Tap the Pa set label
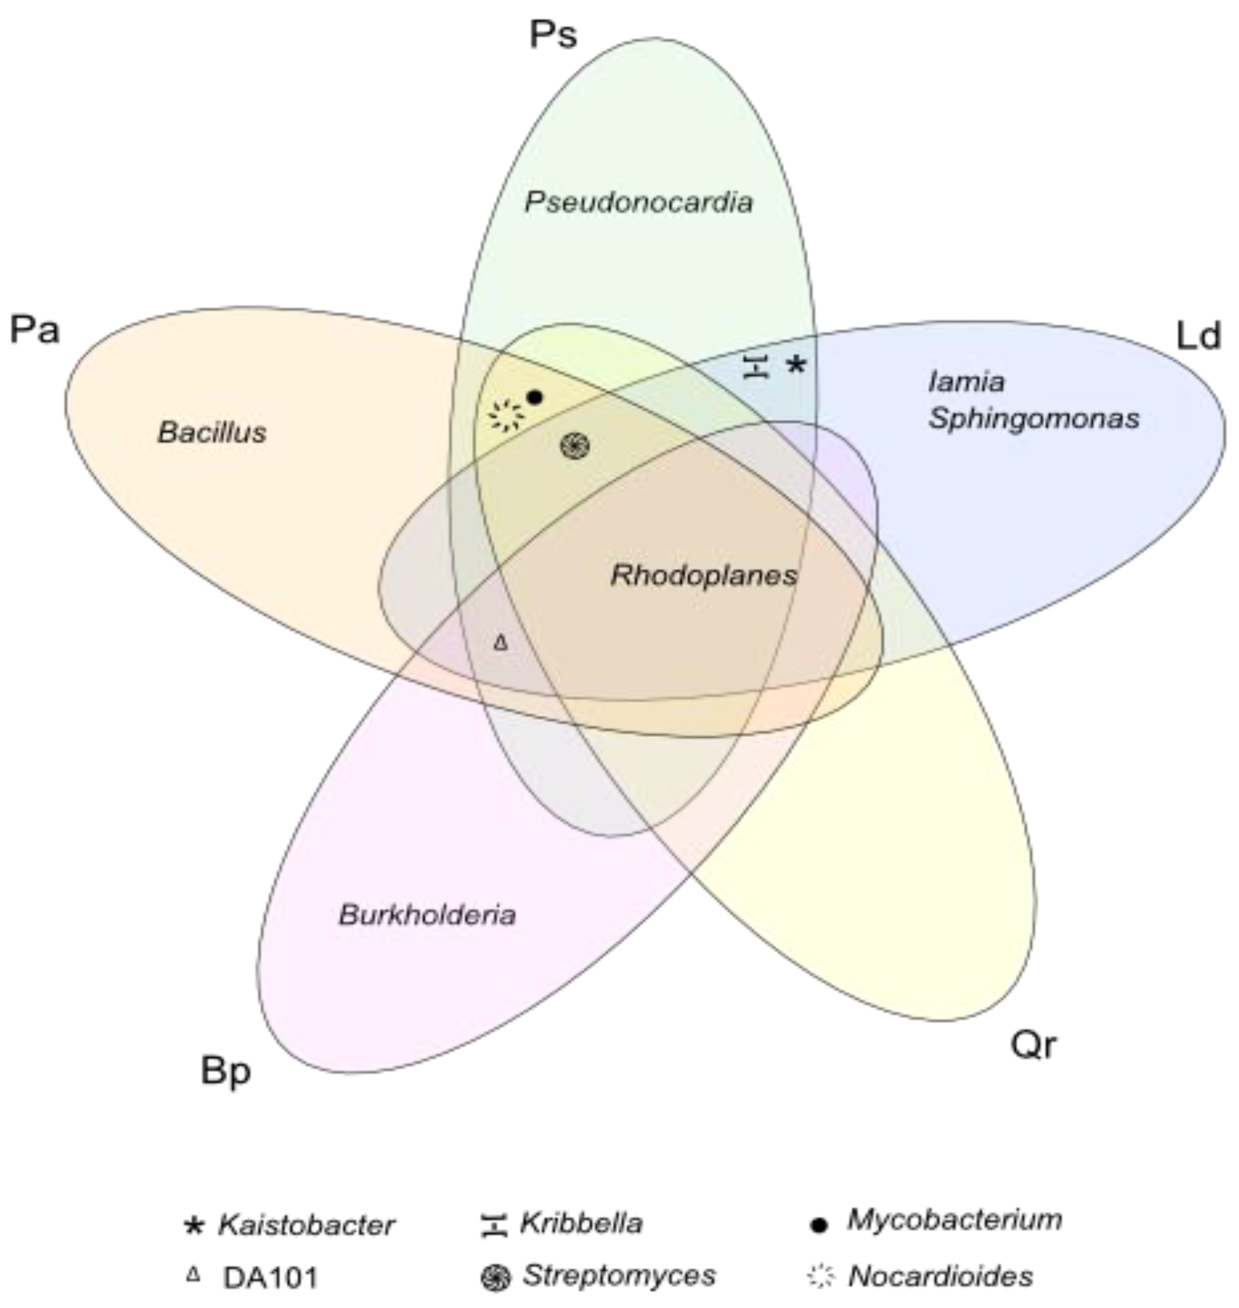(x=35, y=330)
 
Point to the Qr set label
(x=1033, y=1045)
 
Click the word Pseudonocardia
(x=639, y=203)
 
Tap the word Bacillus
(x=212, y=433)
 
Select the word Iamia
(x=966, y=381)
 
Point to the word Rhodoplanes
(x=704, y=575)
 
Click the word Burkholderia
(x=427, y=916)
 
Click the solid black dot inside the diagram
(x=535, y=398)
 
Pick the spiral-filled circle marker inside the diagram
(x=574, y=446)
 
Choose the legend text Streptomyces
(x=619, y=1275)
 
